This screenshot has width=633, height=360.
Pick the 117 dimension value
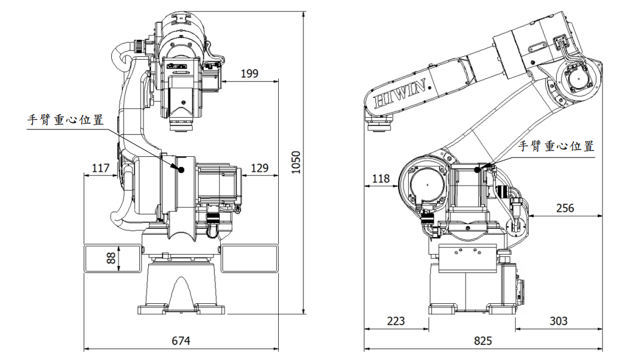101,168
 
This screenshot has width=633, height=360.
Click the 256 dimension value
565,207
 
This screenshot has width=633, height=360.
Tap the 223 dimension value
396,321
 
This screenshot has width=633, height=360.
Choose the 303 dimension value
558,321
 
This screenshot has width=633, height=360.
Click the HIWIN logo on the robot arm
404,92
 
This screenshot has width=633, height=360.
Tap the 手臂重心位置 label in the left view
66,120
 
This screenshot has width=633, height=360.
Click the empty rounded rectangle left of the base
113,259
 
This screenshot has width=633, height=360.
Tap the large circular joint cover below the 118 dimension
426,186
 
